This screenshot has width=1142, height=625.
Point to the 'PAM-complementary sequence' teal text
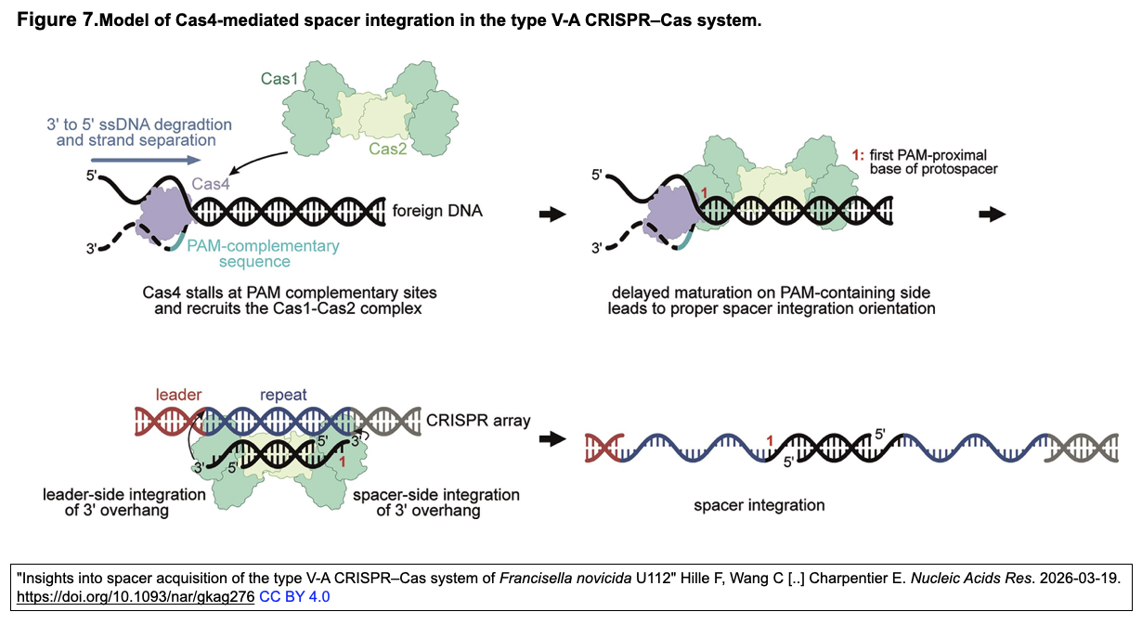click(x=263, y=254)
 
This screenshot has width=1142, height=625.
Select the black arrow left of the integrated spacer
click(x=553, y=438)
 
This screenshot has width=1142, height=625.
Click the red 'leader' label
click(x=179, y=395)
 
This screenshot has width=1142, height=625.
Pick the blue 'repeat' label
click(x=284, y=395)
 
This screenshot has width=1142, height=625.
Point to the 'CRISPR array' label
click(x=477, y=421)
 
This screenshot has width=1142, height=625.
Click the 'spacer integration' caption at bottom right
click(x=759, y=505)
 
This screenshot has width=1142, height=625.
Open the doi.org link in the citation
click(x=136, y=596)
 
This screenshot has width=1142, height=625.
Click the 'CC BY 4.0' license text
click(x=294, y=596)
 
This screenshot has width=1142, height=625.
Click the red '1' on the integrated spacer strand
click(x=768, y=439)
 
